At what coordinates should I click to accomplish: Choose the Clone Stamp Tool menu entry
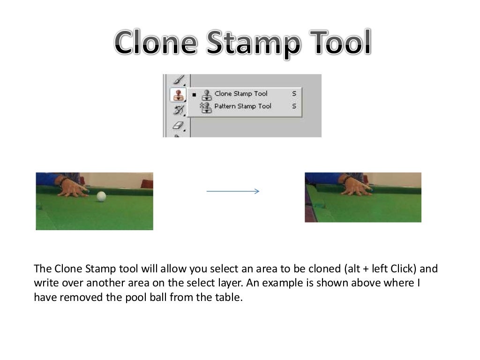pyautogui.click(x=240, y=94)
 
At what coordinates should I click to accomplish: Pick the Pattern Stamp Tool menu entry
pyautogui.click(x=242, y=106)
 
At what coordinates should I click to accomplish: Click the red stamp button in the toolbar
pyautogui.click(x=178, y=95)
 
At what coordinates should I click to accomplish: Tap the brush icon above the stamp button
pyautogui.click(x=179, y=81)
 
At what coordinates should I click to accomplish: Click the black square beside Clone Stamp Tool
pyautogui.click(x=194, y=94)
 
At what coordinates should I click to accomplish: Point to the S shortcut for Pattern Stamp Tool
pyautogui.click(x=294, y=106)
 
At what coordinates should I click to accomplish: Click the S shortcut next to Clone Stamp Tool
pyautogui.click(x=294, y=94)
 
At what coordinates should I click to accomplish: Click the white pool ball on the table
pyautogui.click(x=101, y=196)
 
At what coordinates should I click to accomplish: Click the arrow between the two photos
pyautogui.click(x=233, y=191)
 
